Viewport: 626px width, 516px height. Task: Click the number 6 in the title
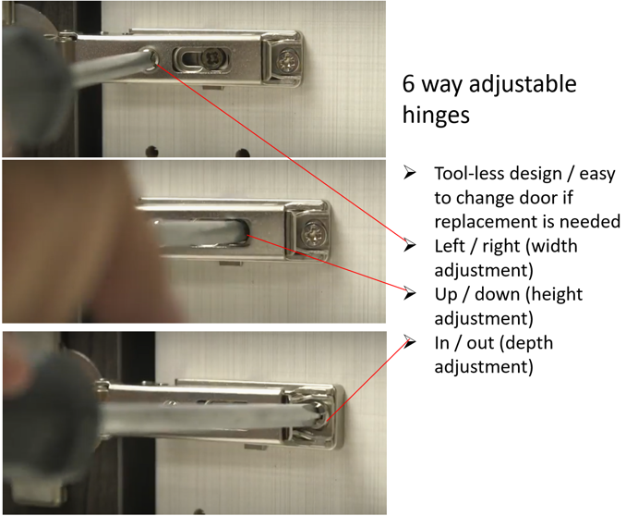pos(409,84)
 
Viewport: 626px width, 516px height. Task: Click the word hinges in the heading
pos(436,115)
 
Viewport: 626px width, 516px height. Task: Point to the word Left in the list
pos(450,246)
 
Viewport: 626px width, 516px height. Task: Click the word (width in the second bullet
pos(551,246)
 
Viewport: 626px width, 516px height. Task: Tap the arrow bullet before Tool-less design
pos(410,172)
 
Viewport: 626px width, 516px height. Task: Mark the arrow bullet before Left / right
pos(410,244)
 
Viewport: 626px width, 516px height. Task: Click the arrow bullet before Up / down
pos(410,293)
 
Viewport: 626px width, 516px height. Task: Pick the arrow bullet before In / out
pos(410,341)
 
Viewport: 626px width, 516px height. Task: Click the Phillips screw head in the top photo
pos(287,60)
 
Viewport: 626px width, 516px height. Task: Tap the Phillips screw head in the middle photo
pos(314,234)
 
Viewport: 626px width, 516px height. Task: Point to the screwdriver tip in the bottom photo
pos(319,418)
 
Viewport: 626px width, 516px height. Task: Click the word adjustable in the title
pos(523,85)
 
